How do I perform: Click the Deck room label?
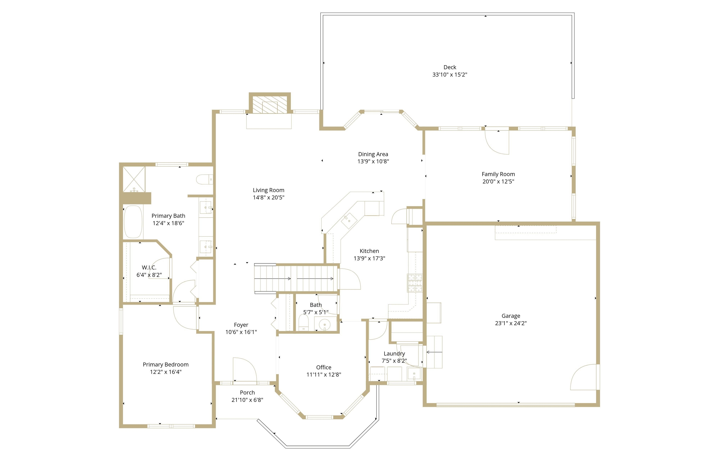click(450, 67)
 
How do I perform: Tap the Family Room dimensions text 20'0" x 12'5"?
click(498, 181)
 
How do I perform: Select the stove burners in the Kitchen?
click(415, 283)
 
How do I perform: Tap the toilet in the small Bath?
click(304, 323)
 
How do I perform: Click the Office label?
click(324, 367)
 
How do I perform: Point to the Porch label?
click(247, 393)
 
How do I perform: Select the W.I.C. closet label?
click(149, 268)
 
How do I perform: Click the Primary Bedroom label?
click(166, 365)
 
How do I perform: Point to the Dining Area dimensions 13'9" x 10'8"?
click(373, 161)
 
